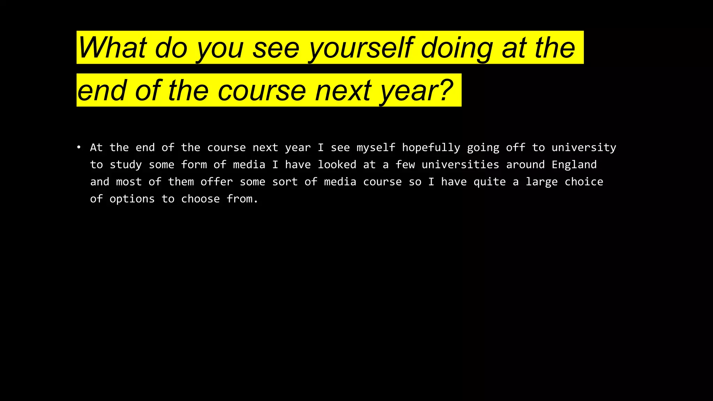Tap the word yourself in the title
(x=361, y=48)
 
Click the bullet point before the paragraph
(x=79, y=148)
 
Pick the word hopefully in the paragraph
(x=431, y=148)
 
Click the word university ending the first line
(x=584, y=148)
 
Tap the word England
(x=574, y=165)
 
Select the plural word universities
(x=460, y=165)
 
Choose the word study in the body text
(x=126, y=165)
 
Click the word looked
(x=337, y=165)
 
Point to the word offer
(x=217, y=182)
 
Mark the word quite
(x=489, y=182)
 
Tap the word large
(x=541, y=182)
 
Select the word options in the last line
(x=132, y=199)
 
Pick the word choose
(x=200, y=199)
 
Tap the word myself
(x=376, y=148)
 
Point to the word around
(x=525, y=165)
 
